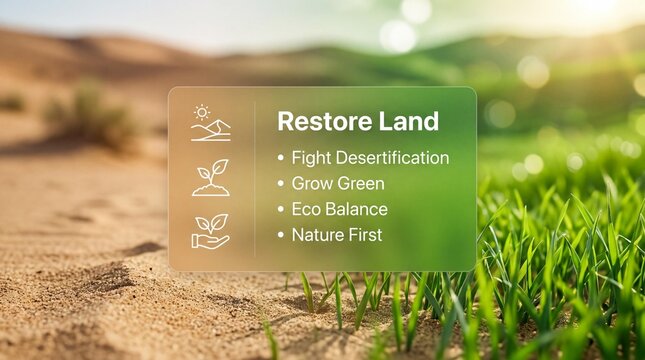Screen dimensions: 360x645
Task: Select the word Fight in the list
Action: coord(307,158)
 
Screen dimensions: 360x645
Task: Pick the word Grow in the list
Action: coord(309,184)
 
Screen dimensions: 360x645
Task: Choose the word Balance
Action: coord(356,210)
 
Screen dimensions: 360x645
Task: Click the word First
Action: coord(364,236)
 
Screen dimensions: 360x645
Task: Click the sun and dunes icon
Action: coord(210,124)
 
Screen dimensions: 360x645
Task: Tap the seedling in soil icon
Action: coord(211,178)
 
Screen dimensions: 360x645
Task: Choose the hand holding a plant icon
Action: coord(210,231)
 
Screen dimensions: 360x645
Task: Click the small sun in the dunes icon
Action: coord(202,113)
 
